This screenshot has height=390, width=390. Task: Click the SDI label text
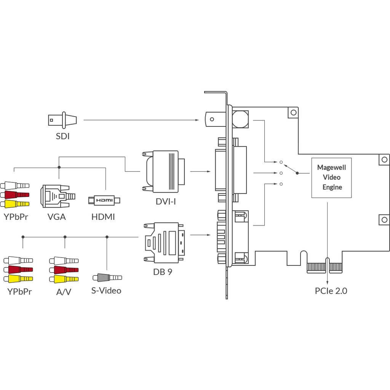pos(62,136)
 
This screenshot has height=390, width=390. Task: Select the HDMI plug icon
pos(104,200)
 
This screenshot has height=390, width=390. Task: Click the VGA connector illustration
pos(57,196)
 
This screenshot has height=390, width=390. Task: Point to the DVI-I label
pos(166,201)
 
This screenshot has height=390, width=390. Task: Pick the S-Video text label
pos(106,291)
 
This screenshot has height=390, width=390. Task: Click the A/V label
pos(64,292)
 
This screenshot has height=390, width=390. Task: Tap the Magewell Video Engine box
pos(331,177)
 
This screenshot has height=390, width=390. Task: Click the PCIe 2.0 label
pos(331,291)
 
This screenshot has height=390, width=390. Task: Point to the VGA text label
pos(56,217)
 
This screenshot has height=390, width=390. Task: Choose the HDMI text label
pos(103,217)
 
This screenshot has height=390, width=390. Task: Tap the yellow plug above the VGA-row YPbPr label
pos(15,204)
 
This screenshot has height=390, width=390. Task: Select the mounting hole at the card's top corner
pos(293,112)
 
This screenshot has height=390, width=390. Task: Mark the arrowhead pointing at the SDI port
pos(197,120)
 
